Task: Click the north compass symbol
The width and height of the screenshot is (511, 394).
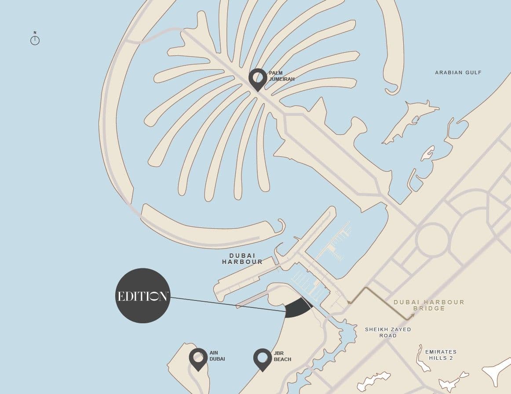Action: [35, 40]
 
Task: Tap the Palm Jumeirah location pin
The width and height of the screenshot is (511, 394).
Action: [258, 79]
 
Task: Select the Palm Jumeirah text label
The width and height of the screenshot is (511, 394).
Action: [282, 76]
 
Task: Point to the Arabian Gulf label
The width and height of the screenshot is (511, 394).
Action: [458, 72]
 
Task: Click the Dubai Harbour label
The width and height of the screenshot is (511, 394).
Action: [242, 259]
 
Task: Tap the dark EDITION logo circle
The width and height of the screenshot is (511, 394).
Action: [142, 296]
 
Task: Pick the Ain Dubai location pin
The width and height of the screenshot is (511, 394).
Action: [198, 358]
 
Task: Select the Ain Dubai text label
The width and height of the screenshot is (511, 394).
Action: [217, 356]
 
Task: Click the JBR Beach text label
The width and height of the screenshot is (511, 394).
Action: [282, 356]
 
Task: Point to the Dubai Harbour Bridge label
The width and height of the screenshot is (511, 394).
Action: [429, 305]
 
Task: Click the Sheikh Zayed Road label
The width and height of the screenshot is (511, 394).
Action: [388, 333]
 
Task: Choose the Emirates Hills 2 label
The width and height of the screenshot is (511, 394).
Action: [441, 355]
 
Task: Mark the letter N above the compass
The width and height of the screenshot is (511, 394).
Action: [35, 33]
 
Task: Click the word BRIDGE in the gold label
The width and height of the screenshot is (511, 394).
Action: [429, 309]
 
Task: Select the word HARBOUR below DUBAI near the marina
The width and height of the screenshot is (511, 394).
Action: [242, 262]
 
